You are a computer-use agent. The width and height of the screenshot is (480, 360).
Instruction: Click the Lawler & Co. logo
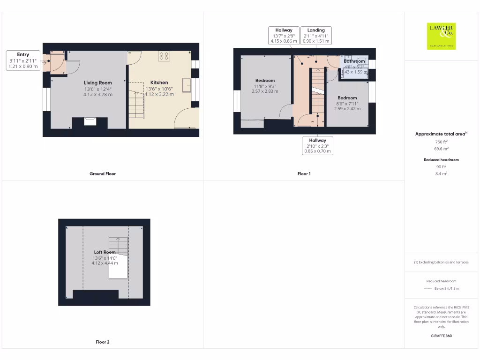pos(441,36)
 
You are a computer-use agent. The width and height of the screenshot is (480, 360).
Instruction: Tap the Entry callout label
pos(23,60)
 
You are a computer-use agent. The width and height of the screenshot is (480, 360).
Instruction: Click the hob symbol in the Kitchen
pos(164,56)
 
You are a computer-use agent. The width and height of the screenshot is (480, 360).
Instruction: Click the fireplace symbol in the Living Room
pos(90,122)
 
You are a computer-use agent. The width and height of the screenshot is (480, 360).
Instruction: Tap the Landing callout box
pos(316,36)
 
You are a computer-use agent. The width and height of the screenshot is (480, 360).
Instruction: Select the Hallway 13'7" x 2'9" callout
pos(283,36)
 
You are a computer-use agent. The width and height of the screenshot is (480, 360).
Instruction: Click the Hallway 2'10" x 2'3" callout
pos(317,146)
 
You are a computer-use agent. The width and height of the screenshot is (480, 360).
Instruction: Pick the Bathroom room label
pos(354,61)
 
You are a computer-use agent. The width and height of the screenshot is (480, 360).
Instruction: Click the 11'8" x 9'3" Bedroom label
pos(265,86)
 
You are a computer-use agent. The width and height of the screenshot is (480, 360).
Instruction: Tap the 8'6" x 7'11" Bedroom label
pos(347,103)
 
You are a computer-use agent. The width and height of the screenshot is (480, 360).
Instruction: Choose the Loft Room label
pos(105,257)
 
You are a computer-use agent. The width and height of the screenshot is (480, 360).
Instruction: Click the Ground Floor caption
pos(103,173)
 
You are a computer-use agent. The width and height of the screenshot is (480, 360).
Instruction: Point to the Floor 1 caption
pos(304,173)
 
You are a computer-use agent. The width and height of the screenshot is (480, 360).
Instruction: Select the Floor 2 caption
pos(103,342)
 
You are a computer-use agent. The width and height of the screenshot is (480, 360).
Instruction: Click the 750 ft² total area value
pos(441,142)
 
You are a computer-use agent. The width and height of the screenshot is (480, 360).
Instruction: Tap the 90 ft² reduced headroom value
pos(441,166)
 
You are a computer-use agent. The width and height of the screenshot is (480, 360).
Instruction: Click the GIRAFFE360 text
pos(441,336)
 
